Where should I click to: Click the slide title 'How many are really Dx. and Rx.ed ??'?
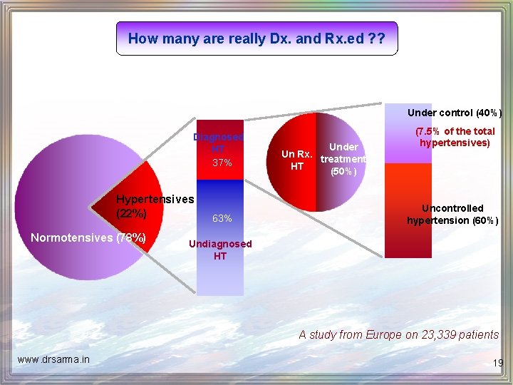tap(256, 38)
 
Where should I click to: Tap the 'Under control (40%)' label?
tap(454, 113)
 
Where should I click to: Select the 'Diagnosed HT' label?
tap(219, 143)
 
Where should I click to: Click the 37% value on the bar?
tap(222, 163)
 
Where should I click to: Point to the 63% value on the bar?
tap(222, 217)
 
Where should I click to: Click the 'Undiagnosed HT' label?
tap(219, 250)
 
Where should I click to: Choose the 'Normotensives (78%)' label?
tap(88, 237)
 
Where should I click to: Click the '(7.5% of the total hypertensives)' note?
tap(455, 137)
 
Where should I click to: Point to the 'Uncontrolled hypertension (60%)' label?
tap(452, 214)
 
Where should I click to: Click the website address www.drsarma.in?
tap(54, 359)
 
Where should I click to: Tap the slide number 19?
tap(497, 363)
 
